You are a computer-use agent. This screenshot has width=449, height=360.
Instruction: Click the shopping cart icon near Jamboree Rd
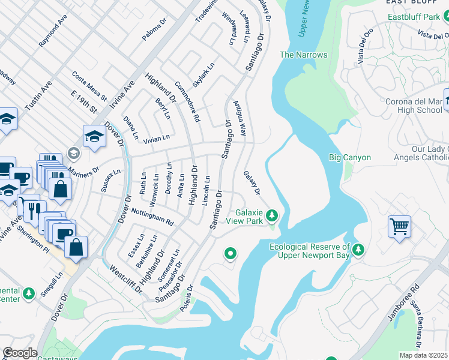(399, 227)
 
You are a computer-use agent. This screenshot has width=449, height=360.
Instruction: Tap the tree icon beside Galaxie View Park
(272, 214)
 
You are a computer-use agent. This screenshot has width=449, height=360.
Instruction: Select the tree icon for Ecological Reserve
(358, 248)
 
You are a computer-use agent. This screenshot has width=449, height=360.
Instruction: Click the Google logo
(20, 353)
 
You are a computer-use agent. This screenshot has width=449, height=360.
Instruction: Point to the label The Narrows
(304, 55)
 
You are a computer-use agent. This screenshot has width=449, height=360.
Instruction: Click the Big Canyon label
(350, 158)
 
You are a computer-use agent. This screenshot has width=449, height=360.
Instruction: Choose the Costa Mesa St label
(89, 86)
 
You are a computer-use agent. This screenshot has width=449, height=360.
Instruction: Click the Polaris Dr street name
(190, 299)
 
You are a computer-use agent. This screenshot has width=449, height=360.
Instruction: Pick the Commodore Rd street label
(186, 101)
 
